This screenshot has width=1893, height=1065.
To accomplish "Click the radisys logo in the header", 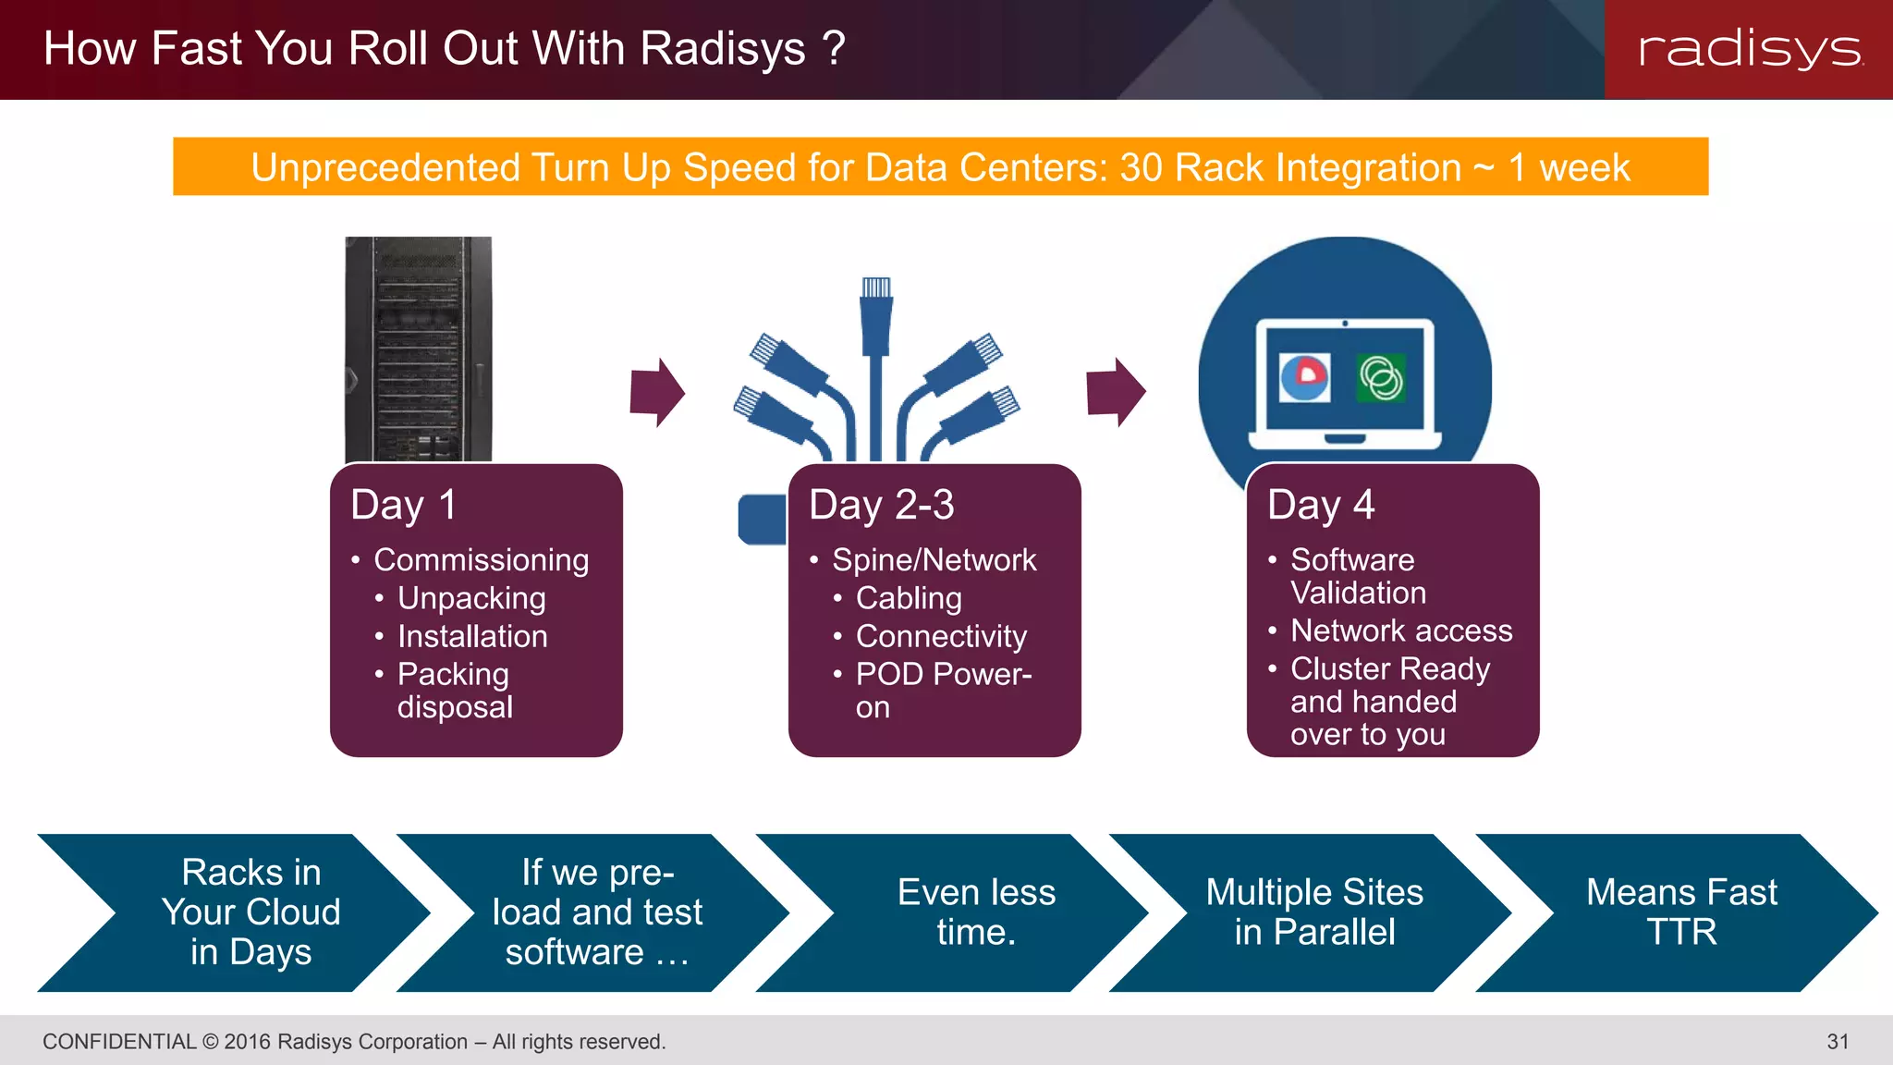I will (1750, 49).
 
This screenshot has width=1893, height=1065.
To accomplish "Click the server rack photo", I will (418, 349).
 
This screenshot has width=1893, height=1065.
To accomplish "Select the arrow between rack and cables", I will (657, 392).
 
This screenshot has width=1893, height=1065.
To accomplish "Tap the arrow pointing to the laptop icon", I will (1116, 392).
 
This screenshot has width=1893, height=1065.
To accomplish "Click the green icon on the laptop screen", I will (1381, 378).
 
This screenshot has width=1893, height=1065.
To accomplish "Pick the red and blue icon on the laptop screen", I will (1305, 377).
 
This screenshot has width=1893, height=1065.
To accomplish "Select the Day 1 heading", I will (403, 506).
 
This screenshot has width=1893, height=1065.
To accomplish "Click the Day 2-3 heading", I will (881, 506).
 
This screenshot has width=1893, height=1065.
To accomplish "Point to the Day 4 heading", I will (1321, 506).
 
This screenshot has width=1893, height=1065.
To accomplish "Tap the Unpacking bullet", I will (471, 598).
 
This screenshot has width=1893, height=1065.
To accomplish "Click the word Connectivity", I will (941, 636).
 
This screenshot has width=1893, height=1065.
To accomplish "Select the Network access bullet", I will (1401, 630).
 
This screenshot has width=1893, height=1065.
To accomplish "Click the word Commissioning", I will (481, 560).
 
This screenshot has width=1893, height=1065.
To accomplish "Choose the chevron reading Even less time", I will (976, 912).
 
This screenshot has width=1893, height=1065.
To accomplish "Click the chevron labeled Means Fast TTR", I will (1680, 912).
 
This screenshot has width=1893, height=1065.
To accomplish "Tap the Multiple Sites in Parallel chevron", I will (1314, 912).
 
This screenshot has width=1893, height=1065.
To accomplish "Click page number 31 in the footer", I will (1838, 1042).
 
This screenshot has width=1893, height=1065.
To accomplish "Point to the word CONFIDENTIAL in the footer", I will (119, 1042).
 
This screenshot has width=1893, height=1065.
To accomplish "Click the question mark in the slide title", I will (834, 48).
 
